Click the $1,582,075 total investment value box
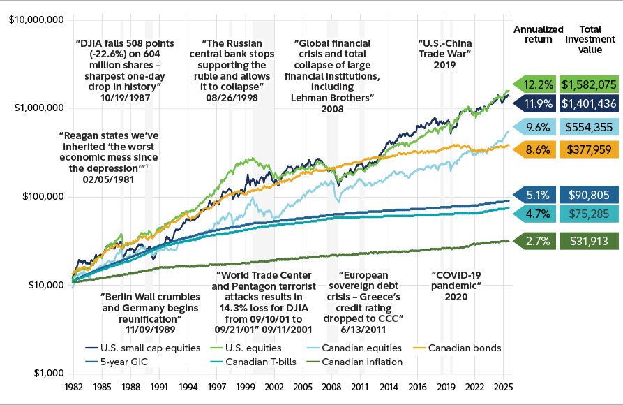point(590,84)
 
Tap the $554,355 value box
point(590,128)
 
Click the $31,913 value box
point(590,242)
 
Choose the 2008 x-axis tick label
point(331,385)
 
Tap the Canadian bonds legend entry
point(464,347)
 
